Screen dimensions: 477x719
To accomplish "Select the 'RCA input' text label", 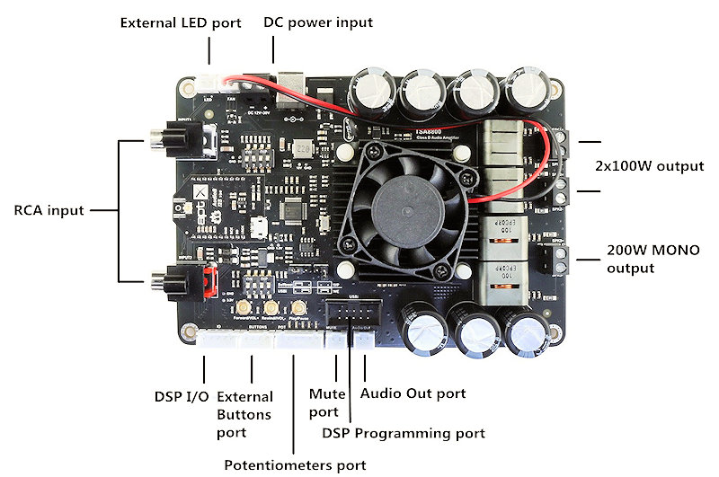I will (49, 211).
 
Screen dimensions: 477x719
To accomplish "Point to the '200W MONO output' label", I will (652, 259).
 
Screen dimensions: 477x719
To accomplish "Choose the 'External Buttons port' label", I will (244, 415).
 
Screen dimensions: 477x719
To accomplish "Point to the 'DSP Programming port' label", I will (404, 433).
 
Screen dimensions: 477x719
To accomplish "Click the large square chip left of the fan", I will (295, 209).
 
